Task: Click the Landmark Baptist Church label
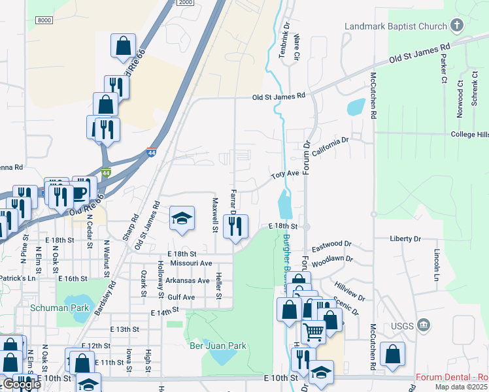(x=396, y=27)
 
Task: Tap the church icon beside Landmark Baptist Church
(x=456, y=26)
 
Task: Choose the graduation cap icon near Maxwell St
(x=182, y=218)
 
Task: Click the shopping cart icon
(x=313, y=333)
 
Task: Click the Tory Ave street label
(x=285, y=174)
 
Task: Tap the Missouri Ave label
(x=191, y=263)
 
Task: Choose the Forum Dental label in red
(x=451, y=378)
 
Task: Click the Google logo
(x=21, y=384)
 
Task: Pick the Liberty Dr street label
(x=405, y=239)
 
